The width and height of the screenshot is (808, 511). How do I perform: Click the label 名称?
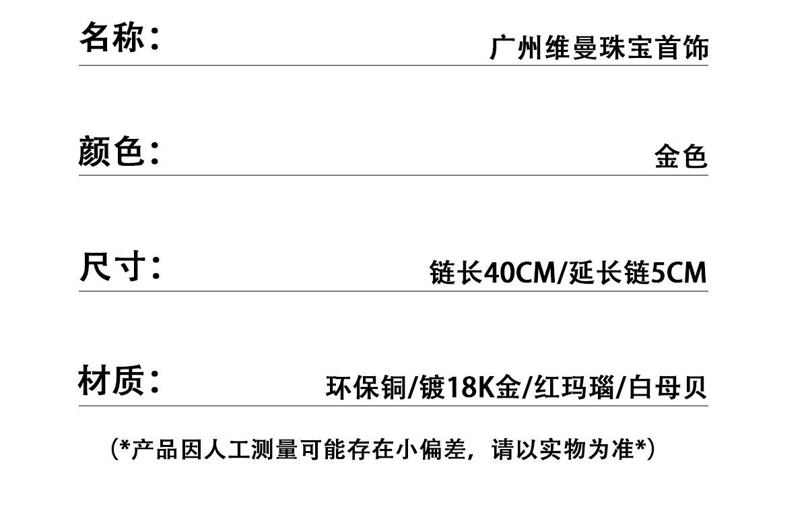click(x=112, y=37)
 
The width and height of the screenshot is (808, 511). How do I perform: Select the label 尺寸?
click(x=112, y=266)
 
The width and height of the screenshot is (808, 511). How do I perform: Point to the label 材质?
click(x=112, y=380)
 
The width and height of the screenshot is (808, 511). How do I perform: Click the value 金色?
click(x=681, y=156)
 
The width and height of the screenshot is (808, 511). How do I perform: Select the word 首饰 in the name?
click(x=681, y=47)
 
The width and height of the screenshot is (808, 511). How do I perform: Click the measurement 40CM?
click(x=520, y=272)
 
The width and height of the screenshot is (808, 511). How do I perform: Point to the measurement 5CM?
click(x=679, y=272)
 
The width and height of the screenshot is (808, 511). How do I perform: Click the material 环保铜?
click(x=366, y=388)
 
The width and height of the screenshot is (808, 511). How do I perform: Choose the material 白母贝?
click(x=667, y=388)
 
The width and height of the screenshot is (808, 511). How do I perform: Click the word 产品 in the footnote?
click(x=154, y=450)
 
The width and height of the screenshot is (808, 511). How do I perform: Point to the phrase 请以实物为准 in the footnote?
click(x=563, y=450)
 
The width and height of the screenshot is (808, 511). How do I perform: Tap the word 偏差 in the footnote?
click(x=443, y=450)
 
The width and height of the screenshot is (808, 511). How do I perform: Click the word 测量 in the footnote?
click(x=275, y=450)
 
